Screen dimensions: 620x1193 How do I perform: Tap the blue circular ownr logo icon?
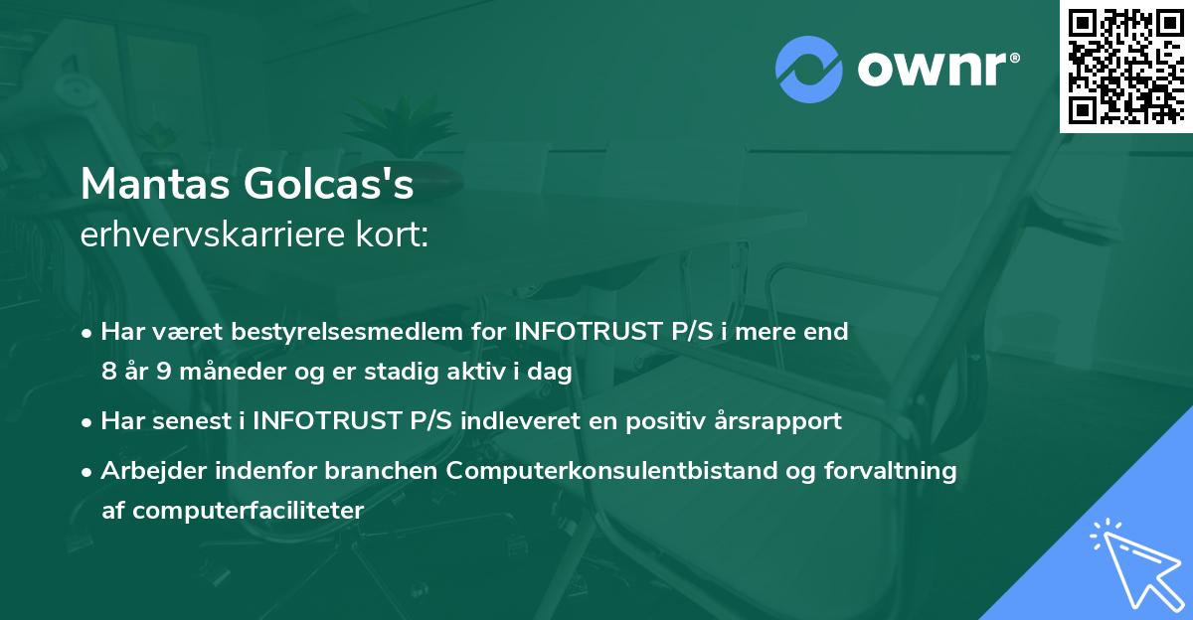point(809,70)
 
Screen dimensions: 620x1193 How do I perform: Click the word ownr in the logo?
point(928,70)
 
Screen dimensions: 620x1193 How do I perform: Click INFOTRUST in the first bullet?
point(584,332)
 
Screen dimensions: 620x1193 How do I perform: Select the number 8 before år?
point(107,373)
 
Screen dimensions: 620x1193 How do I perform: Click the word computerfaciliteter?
point(233,511)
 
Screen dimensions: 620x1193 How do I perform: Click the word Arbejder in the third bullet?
point(148,471)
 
